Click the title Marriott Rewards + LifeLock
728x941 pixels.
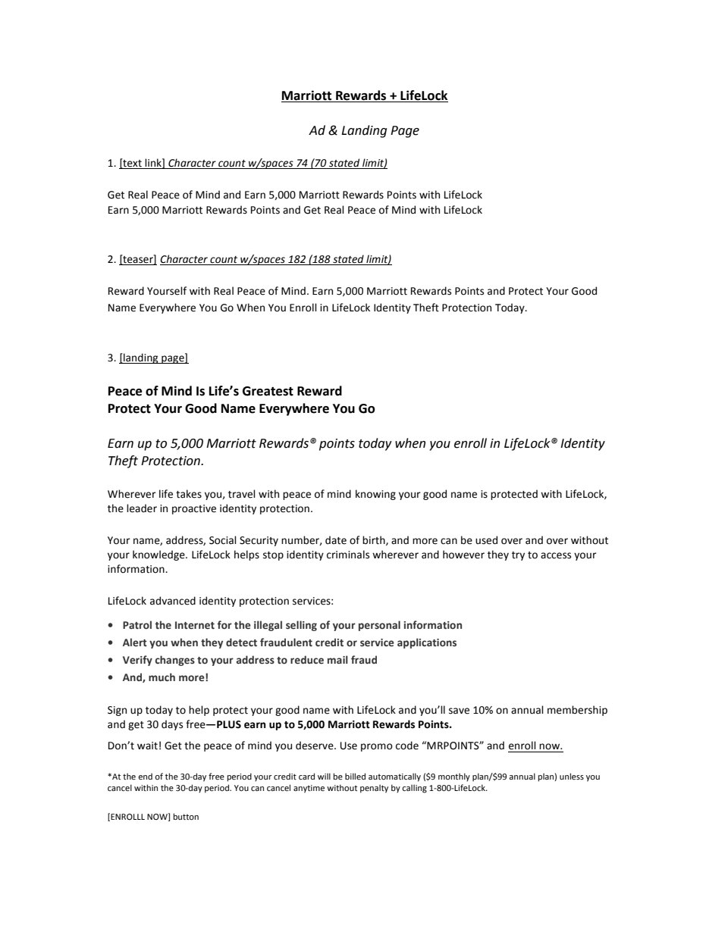(x=364, y=95)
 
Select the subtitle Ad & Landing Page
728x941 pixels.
(x=364, y=130)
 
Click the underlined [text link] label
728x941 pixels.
(x=142, y=163)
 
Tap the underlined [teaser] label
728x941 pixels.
(x=138, y=259)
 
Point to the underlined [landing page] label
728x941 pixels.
(x=153, y=358)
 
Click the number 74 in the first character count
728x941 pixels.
(x=302, y=163)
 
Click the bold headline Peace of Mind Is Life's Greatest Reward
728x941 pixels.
(x=224, y=391)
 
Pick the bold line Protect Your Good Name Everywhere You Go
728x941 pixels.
(x=241, y=408)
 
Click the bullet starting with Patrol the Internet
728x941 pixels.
(x=292, y=625)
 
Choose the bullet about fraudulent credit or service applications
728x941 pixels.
(x=289, y=642)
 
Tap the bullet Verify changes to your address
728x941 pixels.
(x=249, y=660)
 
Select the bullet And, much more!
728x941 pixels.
(x=165, y=677)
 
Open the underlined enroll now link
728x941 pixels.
(x=535, y=746)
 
